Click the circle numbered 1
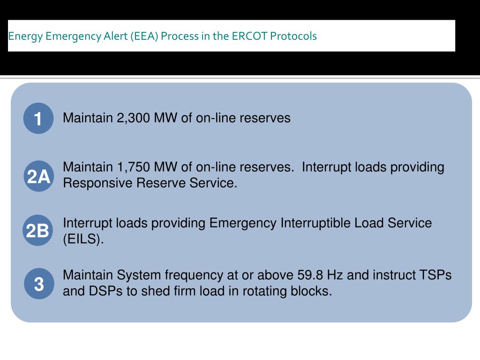(x=38, y=118)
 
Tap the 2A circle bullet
(x=38, y=177)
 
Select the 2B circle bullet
(x=38, y=231)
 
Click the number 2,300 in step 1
(x=133, y=118)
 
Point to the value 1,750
(x=133, y=167)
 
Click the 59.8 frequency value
(x=310, y=275)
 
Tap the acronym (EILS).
(x=83, y=239)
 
